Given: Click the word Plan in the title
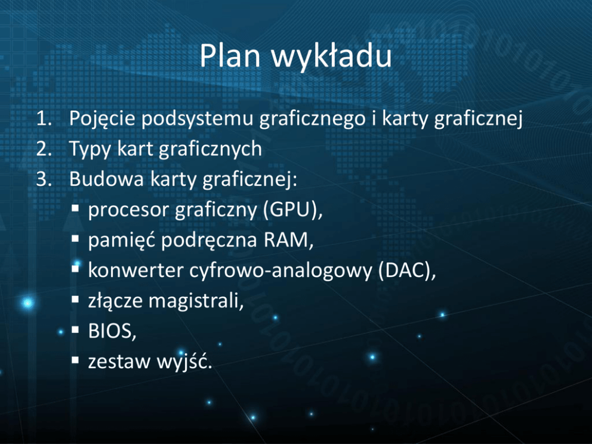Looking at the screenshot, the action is click(230, 56).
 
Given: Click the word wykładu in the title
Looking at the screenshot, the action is click(331, 57).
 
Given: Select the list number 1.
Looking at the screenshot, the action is click(44, 119).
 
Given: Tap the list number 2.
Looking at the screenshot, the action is click(44, 149).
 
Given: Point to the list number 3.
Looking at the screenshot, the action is click(44, 179).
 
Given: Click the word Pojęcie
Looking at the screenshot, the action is click(102, 119).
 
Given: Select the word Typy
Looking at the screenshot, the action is click(90, 150).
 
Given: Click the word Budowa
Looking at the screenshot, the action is click(106, 178).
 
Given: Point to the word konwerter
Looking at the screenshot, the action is click(135, 270).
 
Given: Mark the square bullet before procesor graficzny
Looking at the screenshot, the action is click(75, 208).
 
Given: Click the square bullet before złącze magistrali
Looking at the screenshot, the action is click(75, 300).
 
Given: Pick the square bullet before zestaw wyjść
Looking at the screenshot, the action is click(75, 360).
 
